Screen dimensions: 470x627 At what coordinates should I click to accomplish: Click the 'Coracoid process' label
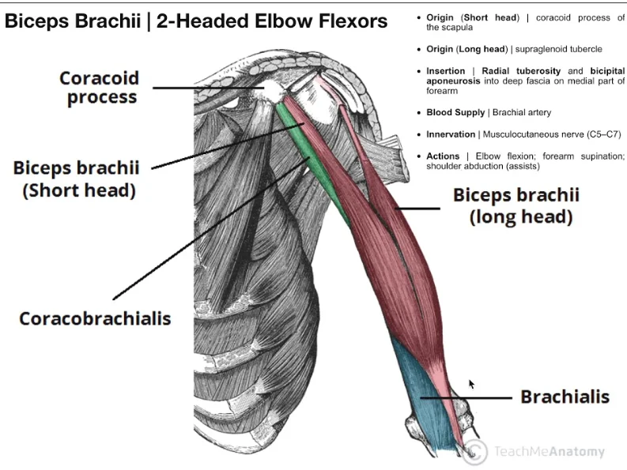[x=100, y=88]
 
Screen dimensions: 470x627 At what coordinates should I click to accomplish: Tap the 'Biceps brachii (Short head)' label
[x=76, y=179]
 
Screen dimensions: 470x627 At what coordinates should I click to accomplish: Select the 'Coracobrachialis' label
[x=95, y=318]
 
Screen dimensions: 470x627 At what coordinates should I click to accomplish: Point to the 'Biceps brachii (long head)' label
[x=516, y=205]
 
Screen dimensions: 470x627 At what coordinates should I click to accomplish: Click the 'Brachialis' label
[x=565, y=396]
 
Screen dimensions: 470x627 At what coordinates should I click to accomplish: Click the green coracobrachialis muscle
[x=312, y=158]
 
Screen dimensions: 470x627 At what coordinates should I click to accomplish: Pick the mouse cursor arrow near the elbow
[x=472, y=384]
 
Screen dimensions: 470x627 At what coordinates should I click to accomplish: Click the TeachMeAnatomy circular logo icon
[x=474, y=452]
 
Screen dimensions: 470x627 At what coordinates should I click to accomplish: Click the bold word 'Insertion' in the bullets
[x=445, y=71]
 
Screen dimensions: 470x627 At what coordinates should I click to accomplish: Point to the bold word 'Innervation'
[x=451, y=134]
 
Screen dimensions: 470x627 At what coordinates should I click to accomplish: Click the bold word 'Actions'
[x=443, y=156]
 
